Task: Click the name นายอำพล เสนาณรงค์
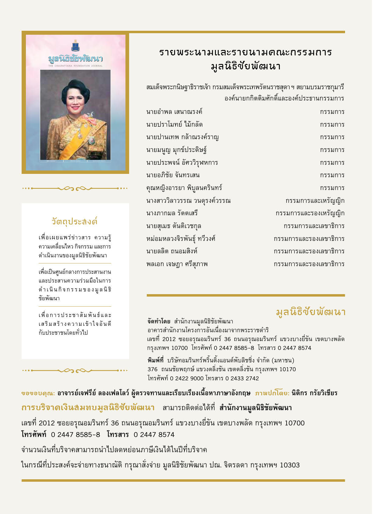click(174, 112)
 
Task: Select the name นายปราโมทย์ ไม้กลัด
click(174, 125)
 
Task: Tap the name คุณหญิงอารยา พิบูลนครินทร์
click(184, 188)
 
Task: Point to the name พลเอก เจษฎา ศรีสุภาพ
click(177, 264)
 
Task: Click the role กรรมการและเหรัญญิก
click(315, 201)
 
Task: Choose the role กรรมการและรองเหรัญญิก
click(310, 213)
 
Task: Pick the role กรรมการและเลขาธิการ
click(314, 226)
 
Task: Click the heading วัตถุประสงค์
click(75, 221)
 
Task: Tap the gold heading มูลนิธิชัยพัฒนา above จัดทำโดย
click(310, 312)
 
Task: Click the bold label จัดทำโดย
click(159, 322)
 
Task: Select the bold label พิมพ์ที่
click(155, 361)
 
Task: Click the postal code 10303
click(290, 465)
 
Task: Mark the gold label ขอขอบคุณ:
click(38, 393)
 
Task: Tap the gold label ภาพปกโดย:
click(272, 393)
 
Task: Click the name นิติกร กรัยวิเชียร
click(314, 393)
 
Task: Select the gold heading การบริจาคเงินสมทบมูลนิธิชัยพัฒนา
click(88, 408)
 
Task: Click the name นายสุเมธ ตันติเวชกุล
click(174, 226)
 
